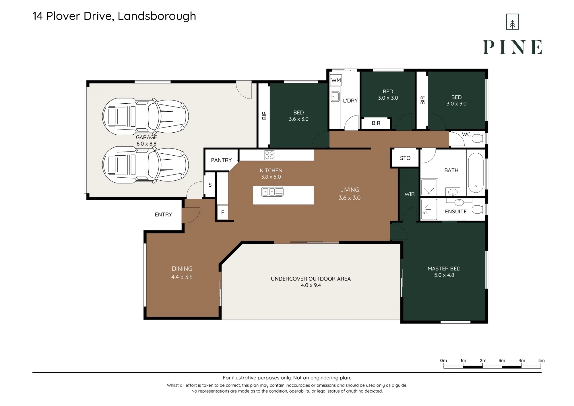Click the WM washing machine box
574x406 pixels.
(336, 80)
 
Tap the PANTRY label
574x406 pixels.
(221, 160)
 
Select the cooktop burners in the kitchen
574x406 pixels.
(269, 155)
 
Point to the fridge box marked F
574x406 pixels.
(222, 213)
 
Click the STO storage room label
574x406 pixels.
(405, 158)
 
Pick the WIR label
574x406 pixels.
(410, 194)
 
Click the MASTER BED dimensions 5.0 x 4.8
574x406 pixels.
(444, 275)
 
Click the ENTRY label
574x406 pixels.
(163, 214)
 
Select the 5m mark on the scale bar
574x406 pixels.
(541, 361)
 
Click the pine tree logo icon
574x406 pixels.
(512, 22)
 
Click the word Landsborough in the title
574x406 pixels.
(157, 16)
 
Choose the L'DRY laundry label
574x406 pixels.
(350, 100)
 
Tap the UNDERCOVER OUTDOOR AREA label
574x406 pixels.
(311, 279)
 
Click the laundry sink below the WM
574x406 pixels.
(335, 97)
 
